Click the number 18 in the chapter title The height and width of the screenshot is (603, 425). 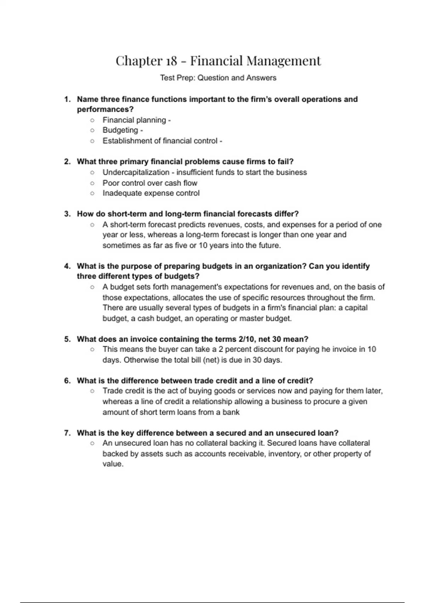pos(171,61)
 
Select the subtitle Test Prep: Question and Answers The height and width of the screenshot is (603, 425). pos(218,78)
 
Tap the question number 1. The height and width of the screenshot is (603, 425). pos(67,99)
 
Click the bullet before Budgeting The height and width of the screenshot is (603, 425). pos(92,131)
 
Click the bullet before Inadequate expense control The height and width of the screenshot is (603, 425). pos(92,193)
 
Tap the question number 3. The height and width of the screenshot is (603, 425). pos(67,214)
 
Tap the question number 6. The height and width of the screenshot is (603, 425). pos(67,381)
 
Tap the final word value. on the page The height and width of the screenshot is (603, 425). pos(113,464)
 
